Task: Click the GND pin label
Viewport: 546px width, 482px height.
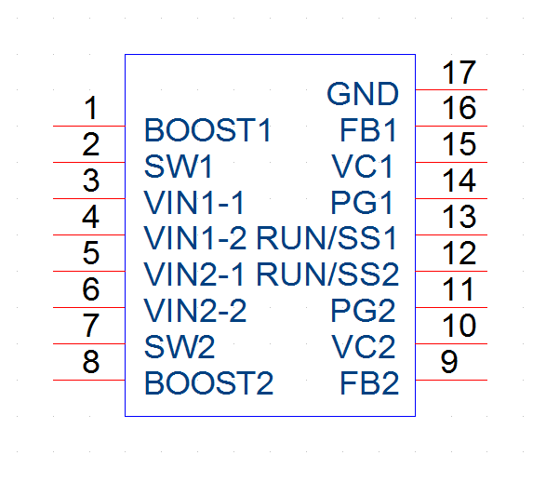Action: click(363, 94)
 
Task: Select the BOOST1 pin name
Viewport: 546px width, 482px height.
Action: click(207, 130)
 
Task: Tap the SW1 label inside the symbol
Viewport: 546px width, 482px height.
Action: click(179, 167)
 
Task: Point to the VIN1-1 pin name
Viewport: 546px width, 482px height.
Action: click(194, 203)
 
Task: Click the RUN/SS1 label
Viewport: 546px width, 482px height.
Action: click(326, 238)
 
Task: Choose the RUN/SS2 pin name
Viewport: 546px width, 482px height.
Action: click(327, 274)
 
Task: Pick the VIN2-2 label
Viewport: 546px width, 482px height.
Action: click(195, 311)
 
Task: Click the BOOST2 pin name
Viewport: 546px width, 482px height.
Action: click(209, 383)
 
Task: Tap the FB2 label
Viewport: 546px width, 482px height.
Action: click(369, 383)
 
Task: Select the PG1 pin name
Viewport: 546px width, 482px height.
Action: click(362, 203)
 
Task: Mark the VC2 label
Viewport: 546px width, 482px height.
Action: click(364, 347)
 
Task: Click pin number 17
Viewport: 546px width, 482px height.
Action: click(459, 73)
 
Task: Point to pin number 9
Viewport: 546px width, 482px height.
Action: click(449, 362)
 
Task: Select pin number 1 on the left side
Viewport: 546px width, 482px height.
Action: click(91, 108)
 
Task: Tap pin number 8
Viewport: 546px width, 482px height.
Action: click(91, 362)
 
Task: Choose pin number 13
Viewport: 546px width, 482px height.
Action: click(459, 217)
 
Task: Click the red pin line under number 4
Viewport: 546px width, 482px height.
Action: click(89, 235)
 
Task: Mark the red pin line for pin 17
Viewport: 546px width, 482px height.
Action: click(451, 90)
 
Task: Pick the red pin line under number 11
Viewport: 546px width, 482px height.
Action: click(451, 307)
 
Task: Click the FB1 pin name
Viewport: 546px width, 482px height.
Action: click(368, 130)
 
